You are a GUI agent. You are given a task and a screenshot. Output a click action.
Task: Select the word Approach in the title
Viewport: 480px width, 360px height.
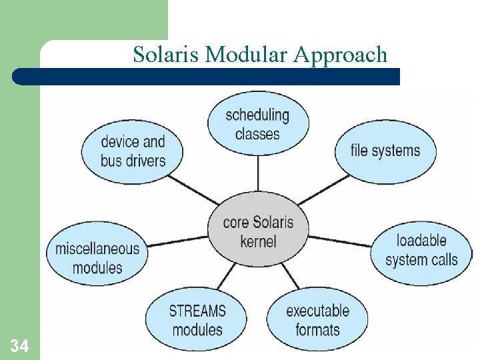(x=341, y=55)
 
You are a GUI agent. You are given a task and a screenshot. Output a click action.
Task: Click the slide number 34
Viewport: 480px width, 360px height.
(x=19, y=345)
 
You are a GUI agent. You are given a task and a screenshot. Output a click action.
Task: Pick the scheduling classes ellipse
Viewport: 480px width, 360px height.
(x=257, y=124)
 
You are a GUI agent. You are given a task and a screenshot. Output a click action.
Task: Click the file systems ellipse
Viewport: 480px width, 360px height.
(x=385, y=151)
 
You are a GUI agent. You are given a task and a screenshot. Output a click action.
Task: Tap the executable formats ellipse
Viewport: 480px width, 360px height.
(x=317, y=320)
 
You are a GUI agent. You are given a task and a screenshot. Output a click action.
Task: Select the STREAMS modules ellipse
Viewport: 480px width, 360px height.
(x=197, y=320)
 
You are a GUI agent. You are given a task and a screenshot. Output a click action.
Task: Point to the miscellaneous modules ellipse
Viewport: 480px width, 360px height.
(x=97, y=258)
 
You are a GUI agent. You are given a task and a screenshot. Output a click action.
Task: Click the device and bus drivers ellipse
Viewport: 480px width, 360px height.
(x=133, y=151)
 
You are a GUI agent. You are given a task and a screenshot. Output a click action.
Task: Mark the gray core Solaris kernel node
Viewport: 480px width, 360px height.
(x=258, y=231)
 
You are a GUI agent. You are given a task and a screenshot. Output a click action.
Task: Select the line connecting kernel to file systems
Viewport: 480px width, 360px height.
(x=322, y=189)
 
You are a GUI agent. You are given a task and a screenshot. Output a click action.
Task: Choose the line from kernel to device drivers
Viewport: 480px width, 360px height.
(x=193, y=189)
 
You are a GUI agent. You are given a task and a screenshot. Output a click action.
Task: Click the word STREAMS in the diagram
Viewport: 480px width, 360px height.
(x=197, y=311)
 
